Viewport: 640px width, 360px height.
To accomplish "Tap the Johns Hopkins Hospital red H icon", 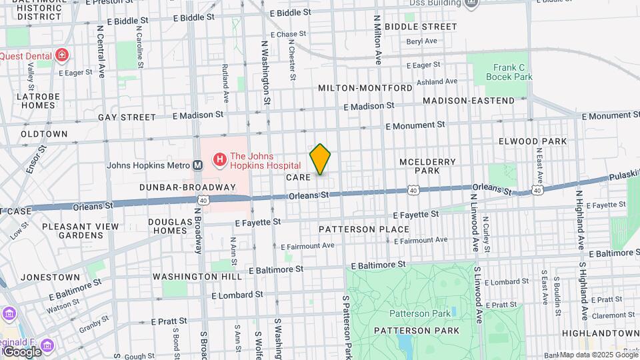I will click(x=219, y=160).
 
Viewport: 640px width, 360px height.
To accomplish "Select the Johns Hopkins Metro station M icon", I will click(x=198, y=165).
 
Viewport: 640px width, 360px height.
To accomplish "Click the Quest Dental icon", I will click(x=62, y=55).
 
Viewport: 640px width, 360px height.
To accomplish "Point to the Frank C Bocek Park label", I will click(x=513, y=72).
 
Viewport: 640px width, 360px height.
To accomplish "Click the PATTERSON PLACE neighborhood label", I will click(x=363, y=229).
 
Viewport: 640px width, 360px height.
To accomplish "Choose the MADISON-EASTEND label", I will click(x=469, y=101).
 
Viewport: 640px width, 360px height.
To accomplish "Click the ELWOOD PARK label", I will click(x=533, y=141).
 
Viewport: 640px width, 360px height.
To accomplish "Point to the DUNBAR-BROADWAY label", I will click(x=187, y=187).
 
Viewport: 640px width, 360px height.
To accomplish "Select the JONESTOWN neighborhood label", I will click(x=50, y=277).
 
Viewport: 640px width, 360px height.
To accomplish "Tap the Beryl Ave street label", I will click(x=421, y=41).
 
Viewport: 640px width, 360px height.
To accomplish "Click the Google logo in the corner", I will click(x=21, y=351).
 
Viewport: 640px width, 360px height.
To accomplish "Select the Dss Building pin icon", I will click(x=472, y=4).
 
